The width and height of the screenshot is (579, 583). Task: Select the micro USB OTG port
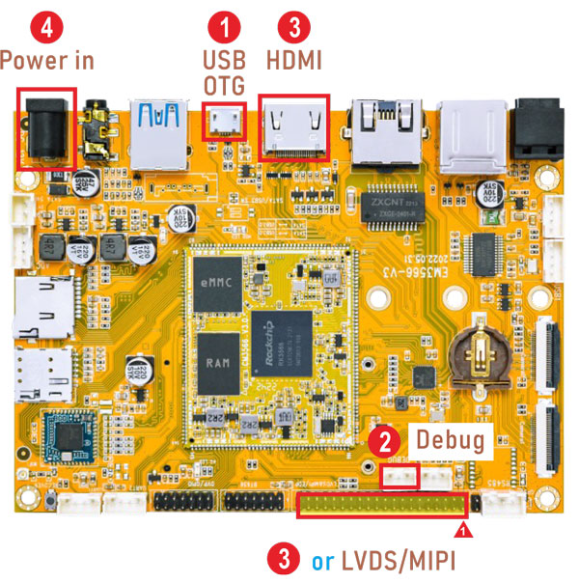tap(228, 124)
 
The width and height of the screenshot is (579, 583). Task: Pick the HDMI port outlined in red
tap(294, 126)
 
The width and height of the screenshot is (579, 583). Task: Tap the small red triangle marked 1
tap(462, 530)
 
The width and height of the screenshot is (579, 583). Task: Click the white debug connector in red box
tap(400, 476)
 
